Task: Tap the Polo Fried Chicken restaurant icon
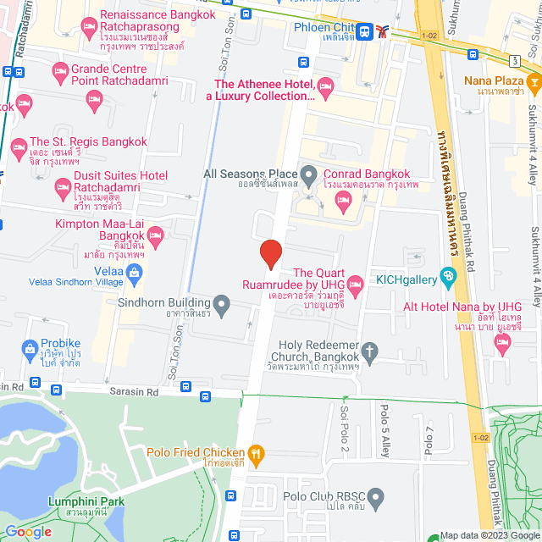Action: pyautogui.click(x=257, y=453)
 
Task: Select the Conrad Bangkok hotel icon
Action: pyautogui.click(x=343, y=200)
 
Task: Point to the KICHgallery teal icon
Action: pyautogui.click(x=448, y=275)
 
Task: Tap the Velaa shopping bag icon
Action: pyautogui.click(x=134, y=271)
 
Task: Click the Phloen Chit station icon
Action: pyautogui.click(x=364, y=31)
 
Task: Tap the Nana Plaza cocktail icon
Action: pyautogui.click(x=534, y=81)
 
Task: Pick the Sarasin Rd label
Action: pyautogui.click(x=135, y=392)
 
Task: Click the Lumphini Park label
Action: pyautogui.click(x=88, y=501)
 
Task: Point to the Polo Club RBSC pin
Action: pyautogui.click(x=377, y=496)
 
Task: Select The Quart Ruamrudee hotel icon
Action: pyautogui.click(x=356, y=283)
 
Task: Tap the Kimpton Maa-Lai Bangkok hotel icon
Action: pyautogui.click(x=155, y=233)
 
